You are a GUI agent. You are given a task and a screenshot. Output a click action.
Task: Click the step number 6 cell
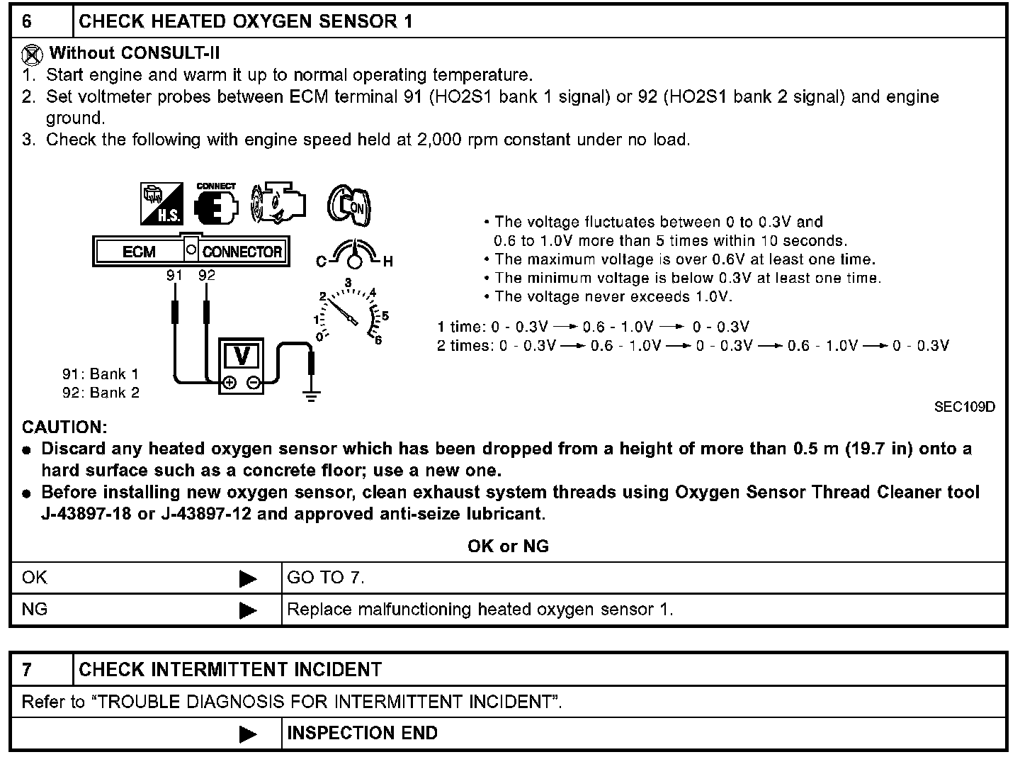coord(27,21)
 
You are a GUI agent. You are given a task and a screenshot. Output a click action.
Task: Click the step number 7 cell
coord(27,670)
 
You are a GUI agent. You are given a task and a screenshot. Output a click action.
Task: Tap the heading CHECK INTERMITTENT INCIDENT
coord(229,670)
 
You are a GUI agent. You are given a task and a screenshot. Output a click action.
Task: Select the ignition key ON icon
coord(348,206)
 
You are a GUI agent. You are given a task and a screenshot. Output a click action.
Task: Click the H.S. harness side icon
coord(161,203)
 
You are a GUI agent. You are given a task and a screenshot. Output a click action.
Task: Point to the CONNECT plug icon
coord(215,204)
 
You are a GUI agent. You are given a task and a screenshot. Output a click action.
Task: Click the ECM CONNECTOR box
coord(191,251)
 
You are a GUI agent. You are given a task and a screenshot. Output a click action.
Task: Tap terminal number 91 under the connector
coord(174,275)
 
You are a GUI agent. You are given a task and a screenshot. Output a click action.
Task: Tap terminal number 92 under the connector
coord(206,275)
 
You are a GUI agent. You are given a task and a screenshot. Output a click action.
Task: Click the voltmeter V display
coord(242,355)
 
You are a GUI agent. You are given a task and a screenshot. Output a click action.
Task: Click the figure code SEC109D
coord(964,407)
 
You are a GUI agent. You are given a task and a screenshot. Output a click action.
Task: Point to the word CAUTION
coord(64,427)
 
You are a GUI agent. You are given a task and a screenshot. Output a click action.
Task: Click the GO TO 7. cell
coord(326,578)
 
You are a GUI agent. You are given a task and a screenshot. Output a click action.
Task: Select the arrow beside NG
coord(248,610)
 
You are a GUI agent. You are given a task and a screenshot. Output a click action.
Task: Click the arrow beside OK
coord(248,579)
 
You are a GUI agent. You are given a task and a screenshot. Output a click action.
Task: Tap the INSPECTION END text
coord(362,733)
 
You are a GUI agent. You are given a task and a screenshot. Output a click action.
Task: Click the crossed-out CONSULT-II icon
coord(32,54)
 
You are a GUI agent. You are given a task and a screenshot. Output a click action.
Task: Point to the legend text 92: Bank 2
coord(101,393)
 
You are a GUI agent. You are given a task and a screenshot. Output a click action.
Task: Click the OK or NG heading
coord(508,546)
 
